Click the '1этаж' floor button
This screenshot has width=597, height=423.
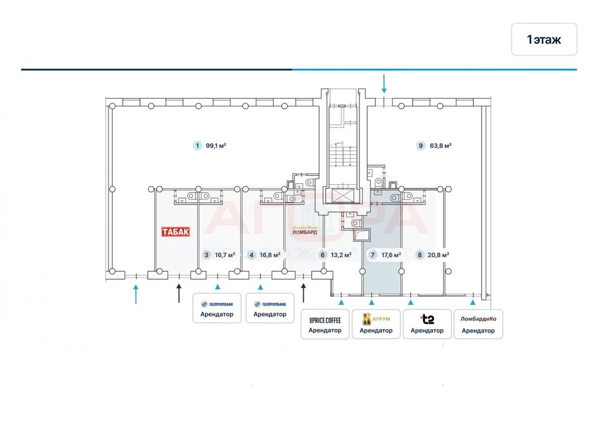[x=544, y=39]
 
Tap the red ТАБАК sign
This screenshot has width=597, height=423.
[x=176, y=231]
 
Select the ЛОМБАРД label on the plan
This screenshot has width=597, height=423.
[x=305, y=231]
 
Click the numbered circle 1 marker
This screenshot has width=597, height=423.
[x=197, y=146]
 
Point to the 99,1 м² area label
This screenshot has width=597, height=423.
[x=216, y=146]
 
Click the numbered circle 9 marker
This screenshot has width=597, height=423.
[x=421, y=146]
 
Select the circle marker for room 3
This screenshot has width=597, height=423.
[x=206, y=255]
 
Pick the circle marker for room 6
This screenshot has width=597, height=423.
[x=322, y=255]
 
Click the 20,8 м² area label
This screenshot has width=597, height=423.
[x=438, y=255]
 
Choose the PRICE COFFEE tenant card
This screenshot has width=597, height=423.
[x=325, y=324]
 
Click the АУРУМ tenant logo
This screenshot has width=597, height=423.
[x=376, y=319]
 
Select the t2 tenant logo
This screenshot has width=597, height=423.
[x=427, y=319]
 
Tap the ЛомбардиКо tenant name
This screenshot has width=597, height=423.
[x=478, y=319]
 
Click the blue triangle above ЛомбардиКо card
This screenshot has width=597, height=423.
[x=473, y=302]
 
